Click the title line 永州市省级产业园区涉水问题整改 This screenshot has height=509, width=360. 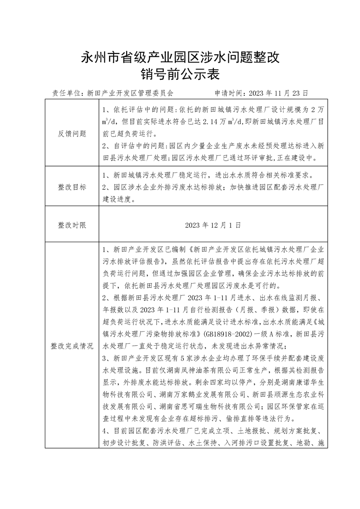click(x=180, y=58)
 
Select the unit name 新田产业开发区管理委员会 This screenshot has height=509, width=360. click(x=130, y=93)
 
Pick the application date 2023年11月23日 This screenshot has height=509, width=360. click(x=277, y=93)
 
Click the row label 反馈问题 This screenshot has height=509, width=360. click(x=72, y=133)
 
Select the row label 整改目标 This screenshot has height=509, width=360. click(x=72, y=187)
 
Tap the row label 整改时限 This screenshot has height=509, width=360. click(x=72, y=225)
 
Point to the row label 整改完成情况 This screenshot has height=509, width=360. click(x=72, y=346)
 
